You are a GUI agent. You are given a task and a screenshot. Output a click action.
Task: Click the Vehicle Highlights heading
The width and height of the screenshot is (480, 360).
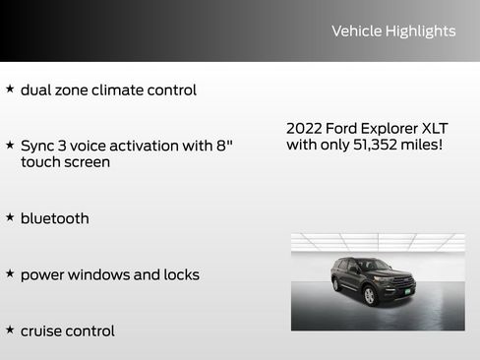[393, 31]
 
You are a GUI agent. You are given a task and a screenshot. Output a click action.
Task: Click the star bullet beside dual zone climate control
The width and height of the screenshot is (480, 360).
[10, 89]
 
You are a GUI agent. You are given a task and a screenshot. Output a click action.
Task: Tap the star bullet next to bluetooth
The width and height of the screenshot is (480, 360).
[10, 216]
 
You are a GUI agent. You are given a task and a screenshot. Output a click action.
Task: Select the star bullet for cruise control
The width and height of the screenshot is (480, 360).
[10, 330]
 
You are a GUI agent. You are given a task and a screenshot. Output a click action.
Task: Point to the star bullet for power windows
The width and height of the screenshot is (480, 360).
[10, 273]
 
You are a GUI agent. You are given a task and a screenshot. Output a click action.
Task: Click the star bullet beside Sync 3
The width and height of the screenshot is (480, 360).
[10, 145]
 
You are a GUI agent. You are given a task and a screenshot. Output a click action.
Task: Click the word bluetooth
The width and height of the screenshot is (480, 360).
[54, 218]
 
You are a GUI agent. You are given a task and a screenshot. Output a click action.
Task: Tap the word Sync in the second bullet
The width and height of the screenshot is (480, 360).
[37, 146]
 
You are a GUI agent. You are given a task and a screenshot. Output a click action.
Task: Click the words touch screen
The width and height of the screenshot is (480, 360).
[65, 162]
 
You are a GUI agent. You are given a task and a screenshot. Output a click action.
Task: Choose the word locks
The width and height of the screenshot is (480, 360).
[180, 274]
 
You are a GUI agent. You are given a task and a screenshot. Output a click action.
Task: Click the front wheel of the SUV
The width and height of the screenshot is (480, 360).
[370, 294]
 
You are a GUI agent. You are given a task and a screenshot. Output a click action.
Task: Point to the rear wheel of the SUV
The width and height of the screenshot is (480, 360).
[336, 285]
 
